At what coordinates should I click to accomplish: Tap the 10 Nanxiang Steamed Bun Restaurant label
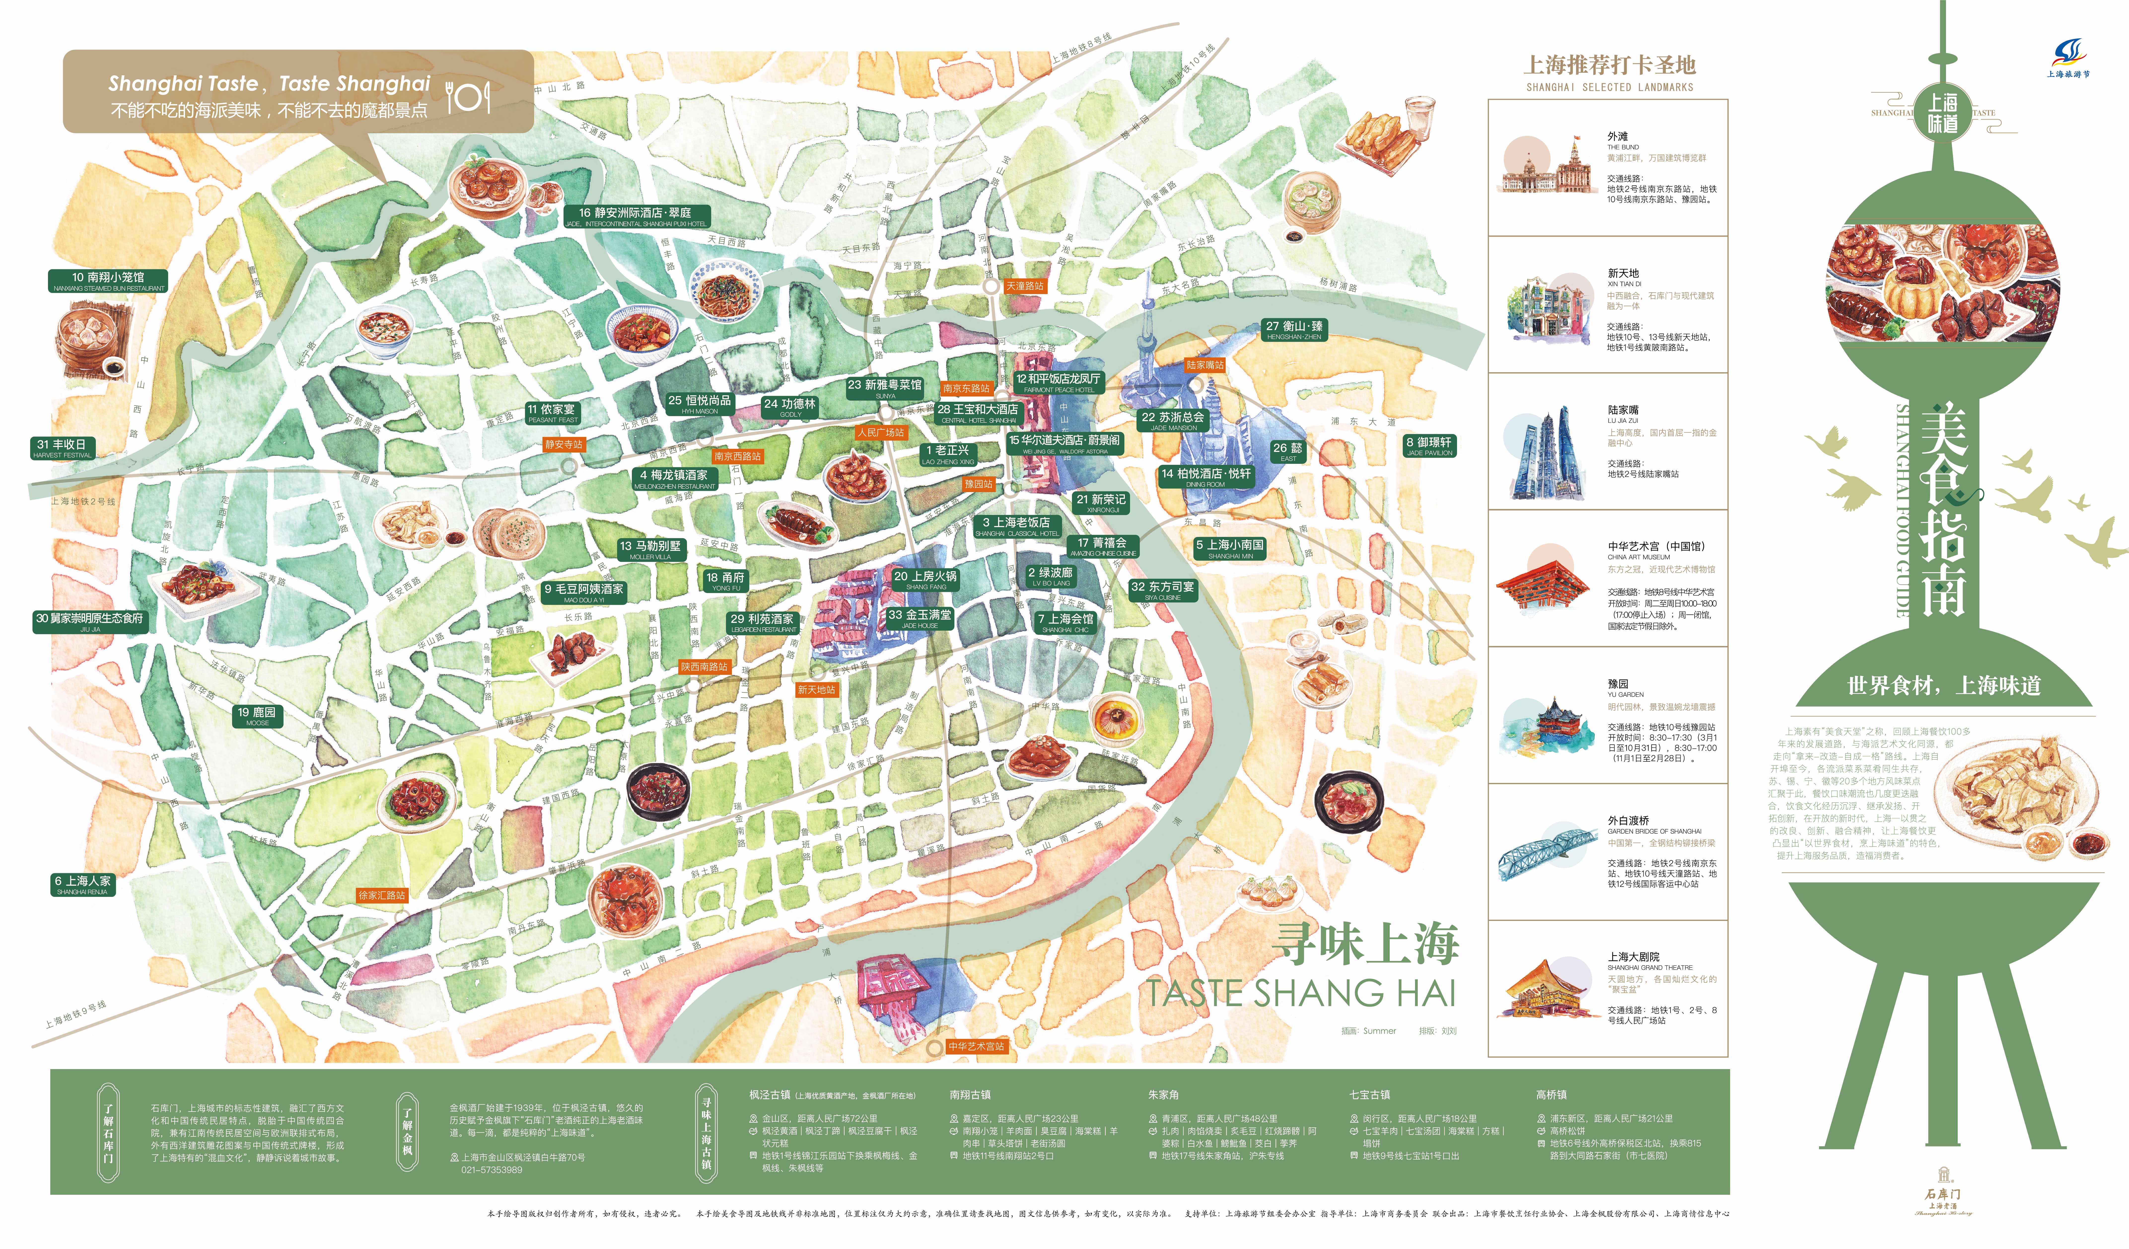coord(108,280)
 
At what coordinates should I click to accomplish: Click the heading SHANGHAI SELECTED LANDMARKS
coord(1609,87)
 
